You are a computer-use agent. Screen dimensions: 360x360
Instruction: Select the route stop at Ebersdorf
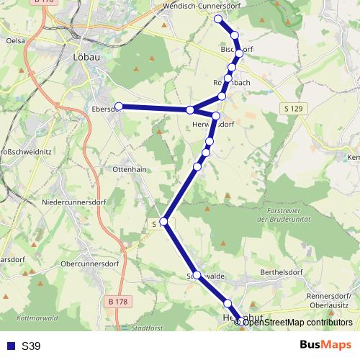click(x=119, y=107)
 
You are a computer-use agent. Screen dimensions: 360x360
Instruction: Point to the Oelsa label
click(x=14, y=41)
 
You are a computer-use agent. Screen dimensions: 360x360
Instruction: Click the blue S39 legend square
click(x=11, y=346)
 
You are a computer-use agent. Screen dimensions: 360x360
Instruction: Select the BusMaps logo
click(x=325, y=346)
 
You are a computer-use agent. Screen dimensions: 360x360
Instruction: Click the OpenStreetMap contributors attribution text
click(x=298, y=323)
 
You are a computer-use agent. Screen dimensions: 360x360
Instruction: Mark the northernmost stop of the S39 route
click(x=219, y=19)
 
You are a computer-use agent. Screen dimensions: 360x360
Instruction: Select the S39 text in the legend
click(x=31, y=346)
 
